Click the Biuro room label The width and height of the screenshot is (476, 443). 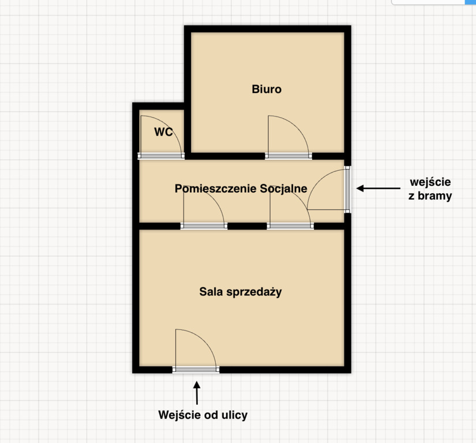267,89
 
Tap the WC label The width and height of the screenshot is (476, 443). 163,132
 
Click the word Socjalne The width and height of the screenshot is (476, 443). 279,189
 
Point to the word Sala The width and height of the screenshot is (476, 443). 211,292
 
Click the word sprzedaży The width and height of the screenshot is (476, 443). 254,292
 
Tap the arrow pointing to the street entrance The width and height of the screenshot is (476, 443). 197,393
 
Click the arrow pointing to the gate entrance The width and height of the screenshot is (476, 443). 378,189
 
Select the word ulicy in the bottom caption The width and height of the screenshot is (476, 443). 235,415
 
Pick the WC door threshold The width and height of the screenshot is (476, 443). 161,156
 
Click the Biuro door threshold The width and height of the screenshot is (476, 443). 288,156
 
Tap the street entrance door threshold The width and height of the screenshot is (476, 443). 196,370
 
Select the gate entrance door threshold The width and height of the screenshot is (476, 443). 347,189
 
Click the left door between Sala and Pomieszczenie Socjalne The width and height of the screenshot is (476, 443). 204,226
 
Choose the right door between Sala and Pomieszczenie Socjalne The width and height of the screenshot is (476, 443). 291,226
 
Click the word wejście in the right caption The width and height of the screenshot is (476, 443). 430,182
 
